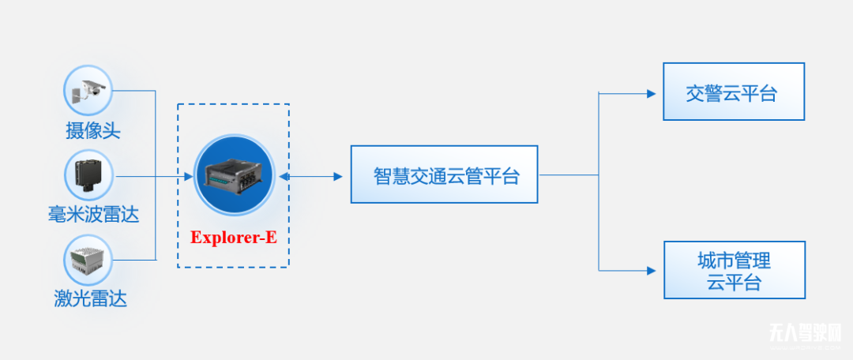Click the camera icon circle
[88, 92]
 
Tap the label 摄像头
[93, 131]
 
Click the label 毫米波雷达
[93, 214]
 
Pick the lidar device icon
[88, 260]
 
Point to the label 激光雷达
[91, 299]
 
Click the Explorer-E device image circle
[234, 176]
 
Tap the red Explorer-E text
[234, 238]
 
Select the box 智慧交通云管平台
[444, 174]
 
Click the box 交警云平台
[733, 92]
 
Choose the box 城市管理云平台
[734, 270]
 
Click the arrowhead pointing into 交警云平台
[652, 93]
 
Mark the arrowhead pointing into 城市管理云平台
[652, 270]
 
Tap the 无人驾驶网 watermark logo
[805, 334]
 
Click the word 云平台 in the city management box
[734, 283]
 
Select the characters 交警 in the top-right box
[703, 93]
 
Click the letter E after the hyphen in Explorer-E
[272, 238]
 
